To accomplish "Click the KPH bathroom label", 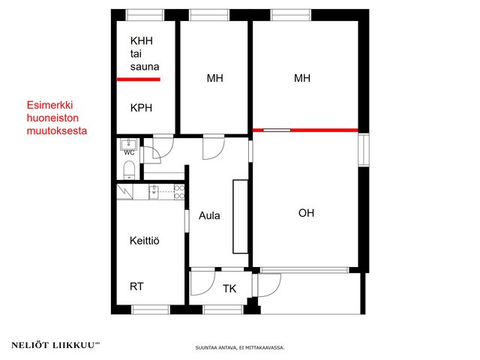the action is point(141,108).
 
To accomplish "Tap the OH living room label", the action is point(306,213).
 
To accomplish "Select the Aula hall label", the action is point(209,215).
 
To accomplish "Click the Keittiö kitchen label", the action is point(145,241).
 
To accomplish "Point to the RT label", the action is point(136,286).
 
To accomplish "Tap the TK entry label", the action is point(229,288).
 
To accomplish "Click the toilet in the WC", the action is point(129,170).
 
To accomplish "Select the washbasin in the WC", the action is point(129,143).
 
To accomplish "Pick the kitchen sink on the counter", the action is point(154,192).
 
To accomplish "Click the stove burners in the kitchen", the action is point(179,192).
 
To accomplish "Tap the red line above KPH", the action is point(139,79).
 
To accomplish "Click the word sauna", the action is point(145,67).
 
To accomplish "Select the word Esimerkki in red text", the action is point(49,105).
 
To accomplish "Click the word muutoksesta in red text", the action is point(57,130).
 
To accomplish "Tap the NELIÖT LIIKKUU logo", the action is point(55,345).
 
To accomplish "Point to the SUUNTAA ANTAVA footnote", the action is point(240,348).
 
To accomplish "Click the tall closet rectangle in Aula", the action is point(240,217).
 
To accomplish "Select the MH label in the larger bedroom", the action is point(302,78).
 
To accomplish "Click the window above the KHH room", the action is point(145,15).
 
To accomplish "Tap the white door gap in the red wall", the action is point(277,130).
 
